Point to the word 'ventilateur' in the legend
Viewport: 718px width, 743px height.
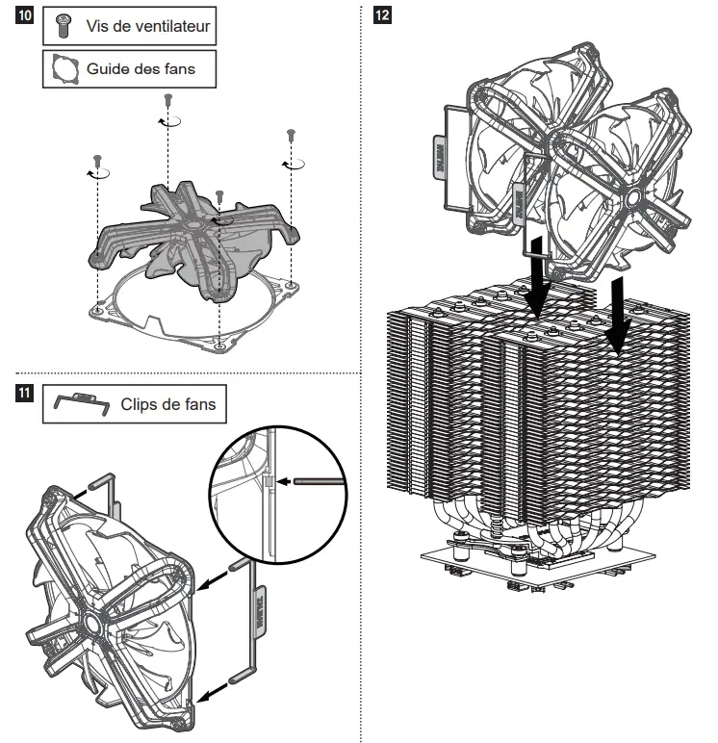pyautogui.click(x=166, y=27)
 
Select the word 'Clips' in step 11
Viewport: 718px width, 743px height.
pyautogui.click(x=140, y=405)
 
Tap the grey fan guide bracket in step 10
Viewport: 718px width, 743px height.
pyautogui.click(x=192, y=241)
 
